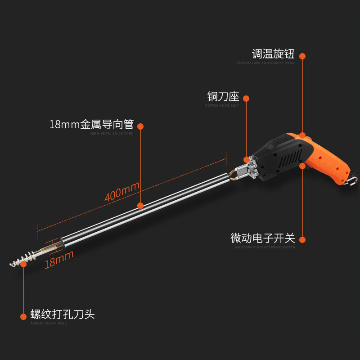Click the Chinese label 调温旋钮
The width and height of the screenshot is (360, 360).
point(273,54)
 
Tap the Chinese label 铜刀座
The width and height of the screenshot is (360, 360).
point(222,97)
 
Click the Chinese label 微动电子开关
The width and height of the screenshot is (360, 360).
point(262,238)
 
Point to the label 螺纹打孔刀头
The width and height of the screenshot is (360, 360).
point(63,314)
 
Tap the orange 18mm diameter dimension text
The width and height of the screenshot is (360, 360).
point(58,260)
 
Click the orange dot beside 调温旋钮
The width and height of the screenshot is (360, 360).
point(302,56)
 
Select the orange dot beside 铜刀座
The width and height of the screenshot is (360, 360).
point(246,99)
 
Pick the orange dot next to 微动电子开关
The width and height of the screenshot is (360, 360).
point(302,240)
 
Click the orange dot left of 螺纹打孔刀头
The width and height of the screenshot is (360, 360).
point(23,316)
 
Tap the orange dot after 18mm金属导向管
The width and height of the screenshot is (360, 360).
point(140,126)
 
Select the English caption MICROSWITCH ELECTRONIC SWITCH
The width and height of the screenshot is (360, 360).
point(265,247)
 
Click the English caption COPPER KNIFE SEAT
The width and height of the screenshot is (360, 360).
point(222,106)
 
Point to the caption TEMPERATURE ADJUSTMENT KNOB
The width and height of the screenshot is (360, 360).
point(265,63)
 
